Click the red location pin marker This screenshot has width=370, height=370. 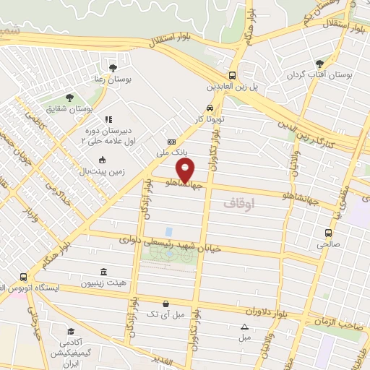point(186,170)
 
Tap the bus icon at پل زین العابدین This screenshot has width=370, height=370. point(232,75)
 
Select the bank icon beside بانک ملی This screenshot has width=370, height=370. point(171,142)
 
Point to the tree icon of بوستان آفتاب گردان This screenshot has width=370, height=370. point(319,64)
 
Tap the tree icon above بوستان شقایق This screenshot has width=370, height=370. point(69,97)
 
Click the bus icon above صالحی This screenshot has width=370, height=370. point(328,233)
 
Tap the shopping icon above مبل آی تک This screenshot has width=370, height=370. point(167,304)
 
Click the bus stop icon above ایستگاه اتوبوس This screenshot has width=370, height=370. point(24,276)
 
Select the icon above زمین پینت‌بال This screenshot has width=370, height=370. point(101,160)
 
